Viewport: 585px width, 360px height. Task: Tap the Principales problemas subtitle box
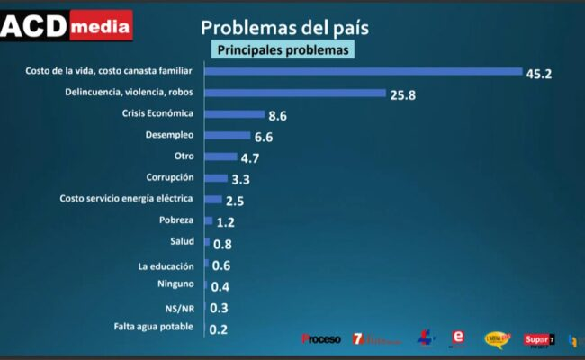click(283, 50)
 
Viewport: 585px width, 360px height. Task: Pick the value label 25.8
click(403, 94)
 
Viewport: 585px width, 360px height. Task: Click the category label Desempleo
click(171, 135)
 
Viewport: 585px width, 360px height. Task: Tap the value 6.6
click(263, 138)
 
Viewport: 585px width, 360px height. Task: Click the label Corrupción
click(170, 177)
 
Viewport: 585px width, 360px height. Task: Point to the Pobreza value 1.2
click(225, 222)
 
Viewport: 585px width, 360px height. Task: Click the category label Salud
click(182, 241)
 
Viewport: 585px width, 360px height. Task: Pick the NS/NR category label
click(179, 307)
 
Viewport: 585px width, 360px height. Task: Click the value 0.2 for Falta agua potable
click(218, 329)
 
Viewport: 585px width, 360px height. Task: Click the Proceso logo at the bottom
click(321, 339)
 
